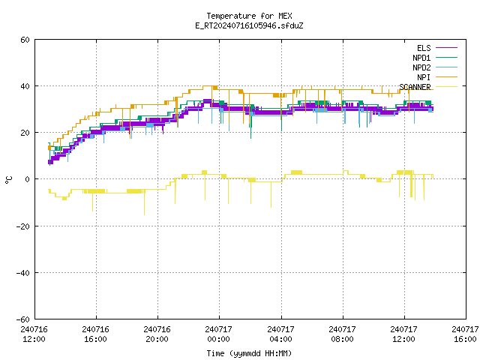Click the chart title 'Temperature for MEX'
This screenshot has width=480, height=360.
[249, 16]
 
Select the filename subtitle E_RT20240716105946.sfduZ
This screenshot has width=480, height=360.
[249, 25]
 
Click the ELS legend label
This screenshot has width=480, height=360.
[424, 48]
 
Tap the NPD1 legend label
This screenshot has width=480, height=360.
[421, 58]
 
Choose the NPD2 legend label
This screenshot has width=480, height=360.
[421, 67]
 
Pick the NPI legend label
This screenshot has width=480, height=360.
[424, 77]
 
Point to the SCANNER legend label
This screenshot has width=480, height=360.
[415, 87]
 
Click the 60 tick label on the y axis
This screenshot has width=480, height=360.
[25, 40]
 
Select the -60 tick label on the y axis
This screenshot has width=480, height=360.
[22, 319]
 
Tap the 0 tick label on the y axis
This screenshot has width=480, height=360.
[28, 179]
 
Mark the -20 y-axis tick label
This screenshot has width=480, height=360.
[22, 226]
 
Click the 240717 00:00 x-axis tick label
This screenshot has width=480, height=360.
[218, 334]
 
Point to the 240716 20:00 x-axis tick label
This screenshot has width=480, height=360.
[157, 334]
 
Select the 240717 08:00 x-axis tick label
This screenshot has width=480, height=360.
[342, 334]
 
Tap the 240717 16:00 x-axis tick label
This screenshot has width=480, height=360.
[465, 334]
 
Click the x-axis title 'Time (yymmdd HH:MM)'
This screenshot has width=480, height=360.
[249, 353]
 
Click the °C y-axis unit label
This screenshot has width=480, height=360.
[8, 180]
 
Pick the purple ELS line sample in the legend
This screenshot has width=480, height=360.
[446, 48]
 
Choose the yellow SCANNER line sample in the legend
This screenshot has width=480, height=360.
[446, 87]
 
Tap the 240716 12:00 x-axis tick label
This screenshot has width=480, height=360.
[34, 334]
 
